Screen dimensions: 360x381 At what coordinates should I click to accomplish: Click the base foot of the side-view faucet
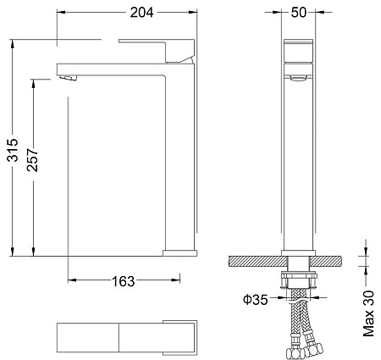pos(179,252)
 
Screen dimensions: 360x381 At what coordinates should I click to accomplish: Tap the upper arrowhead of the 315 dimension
pos(14,42)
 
